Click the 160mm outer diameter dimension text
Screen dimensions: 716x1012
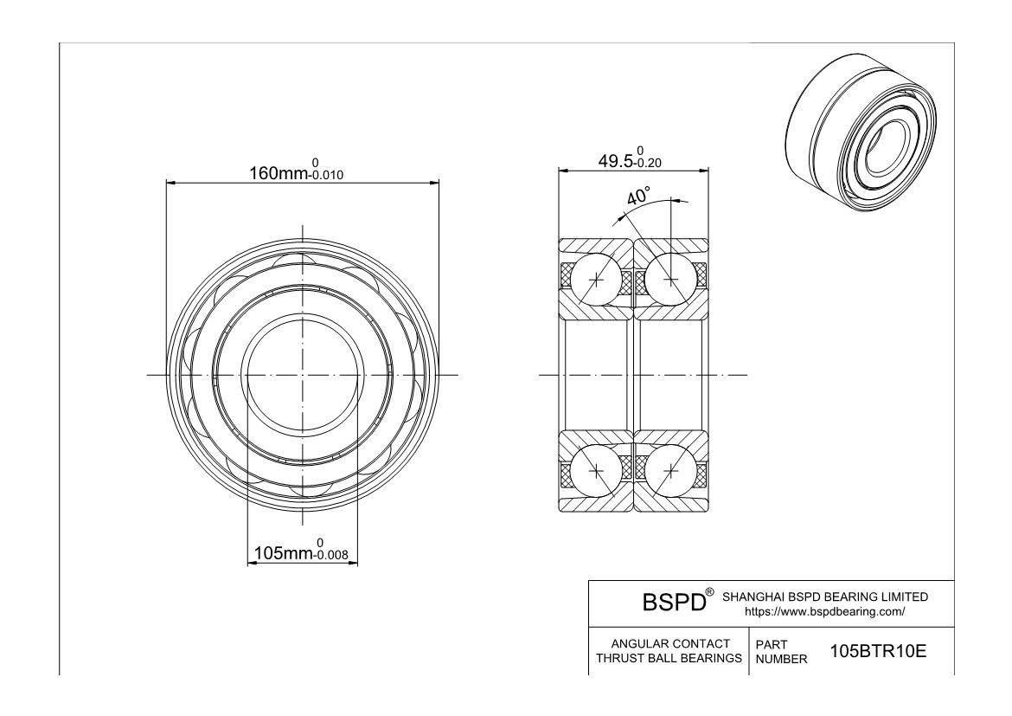(x=279, y=173)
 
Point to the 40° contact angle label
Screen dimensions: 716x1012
(x=638, y=197)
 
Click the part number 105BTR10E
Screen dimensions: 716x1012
(x=878, y=651)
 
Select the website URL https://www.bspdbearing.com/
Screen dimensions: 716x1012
(x=824, y=611)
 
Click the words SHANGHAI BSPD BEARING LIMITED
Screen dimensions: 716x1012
(x=824, y=597)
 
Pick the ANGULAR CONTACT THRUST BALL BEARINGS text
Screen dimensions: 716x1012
(x=670, y=651)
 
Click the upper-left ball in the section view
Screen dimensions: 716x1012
(x=598, y=279)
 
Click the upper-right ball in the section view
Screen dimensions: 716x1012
(x=671, y=279)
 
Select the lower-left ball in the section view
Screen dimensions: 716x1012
(x=598, y=470)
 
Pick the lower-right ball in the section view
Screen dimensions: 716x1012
(x=671, y=470)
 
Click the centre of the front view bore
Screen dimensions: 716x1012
(x=303, y=375)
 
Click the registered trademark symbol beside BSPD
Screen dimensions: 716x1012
(x=709, y=592)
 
